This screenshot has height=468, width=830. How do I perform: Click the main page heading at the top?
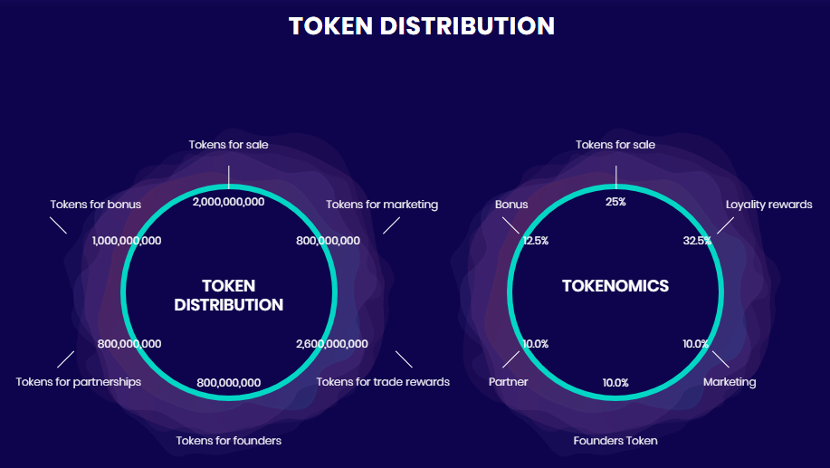coord(422,26)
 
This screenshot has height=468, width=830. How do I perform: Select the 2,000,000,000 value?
coord(229,202)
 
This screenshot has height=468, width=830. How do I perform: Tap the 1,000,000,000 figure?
coord(127,241)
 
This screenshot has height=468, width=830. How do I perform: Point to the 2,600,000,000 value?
coord(332,344)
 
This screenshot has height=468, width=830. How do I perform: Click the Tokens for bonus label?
coord(96,205)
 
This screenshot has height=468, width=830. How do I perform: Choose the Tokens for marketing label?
coord(382,205)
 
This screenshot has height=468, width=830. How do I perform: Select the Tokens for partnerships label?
coord(79,382)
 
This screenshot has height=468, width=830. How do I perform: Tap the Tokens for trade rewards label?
coord(383,382)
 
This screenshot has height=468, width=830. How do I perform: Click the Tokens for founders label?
coord(229,441)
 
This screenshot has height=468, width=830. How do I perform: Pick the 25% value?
coord(615,202)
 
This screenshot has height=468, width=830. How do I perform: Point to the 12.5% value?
coord(536,241)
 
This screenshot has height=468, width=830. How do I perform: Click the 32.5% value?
coord(697,241)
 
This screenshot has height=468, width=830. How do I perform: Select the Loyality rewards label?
coord(768,205)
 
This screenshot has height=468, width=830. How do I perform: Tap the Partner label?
coord(508,382)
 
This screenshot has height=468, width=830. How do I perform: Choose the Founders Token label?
coord(615,441)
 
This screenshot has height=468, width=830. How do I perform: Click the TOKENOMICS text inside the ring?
coord(615,286)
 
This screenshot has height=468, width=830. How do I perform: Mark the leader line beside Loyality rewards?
coord(725,225)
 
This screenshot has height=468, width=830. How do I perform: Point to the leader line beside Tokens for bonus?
coord(58,225)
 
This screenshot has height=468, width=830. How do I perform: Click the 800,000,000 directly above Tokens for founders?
coord(229,382)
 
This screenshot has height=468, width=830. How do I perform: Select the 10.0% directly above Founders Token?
coord(615,382)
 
